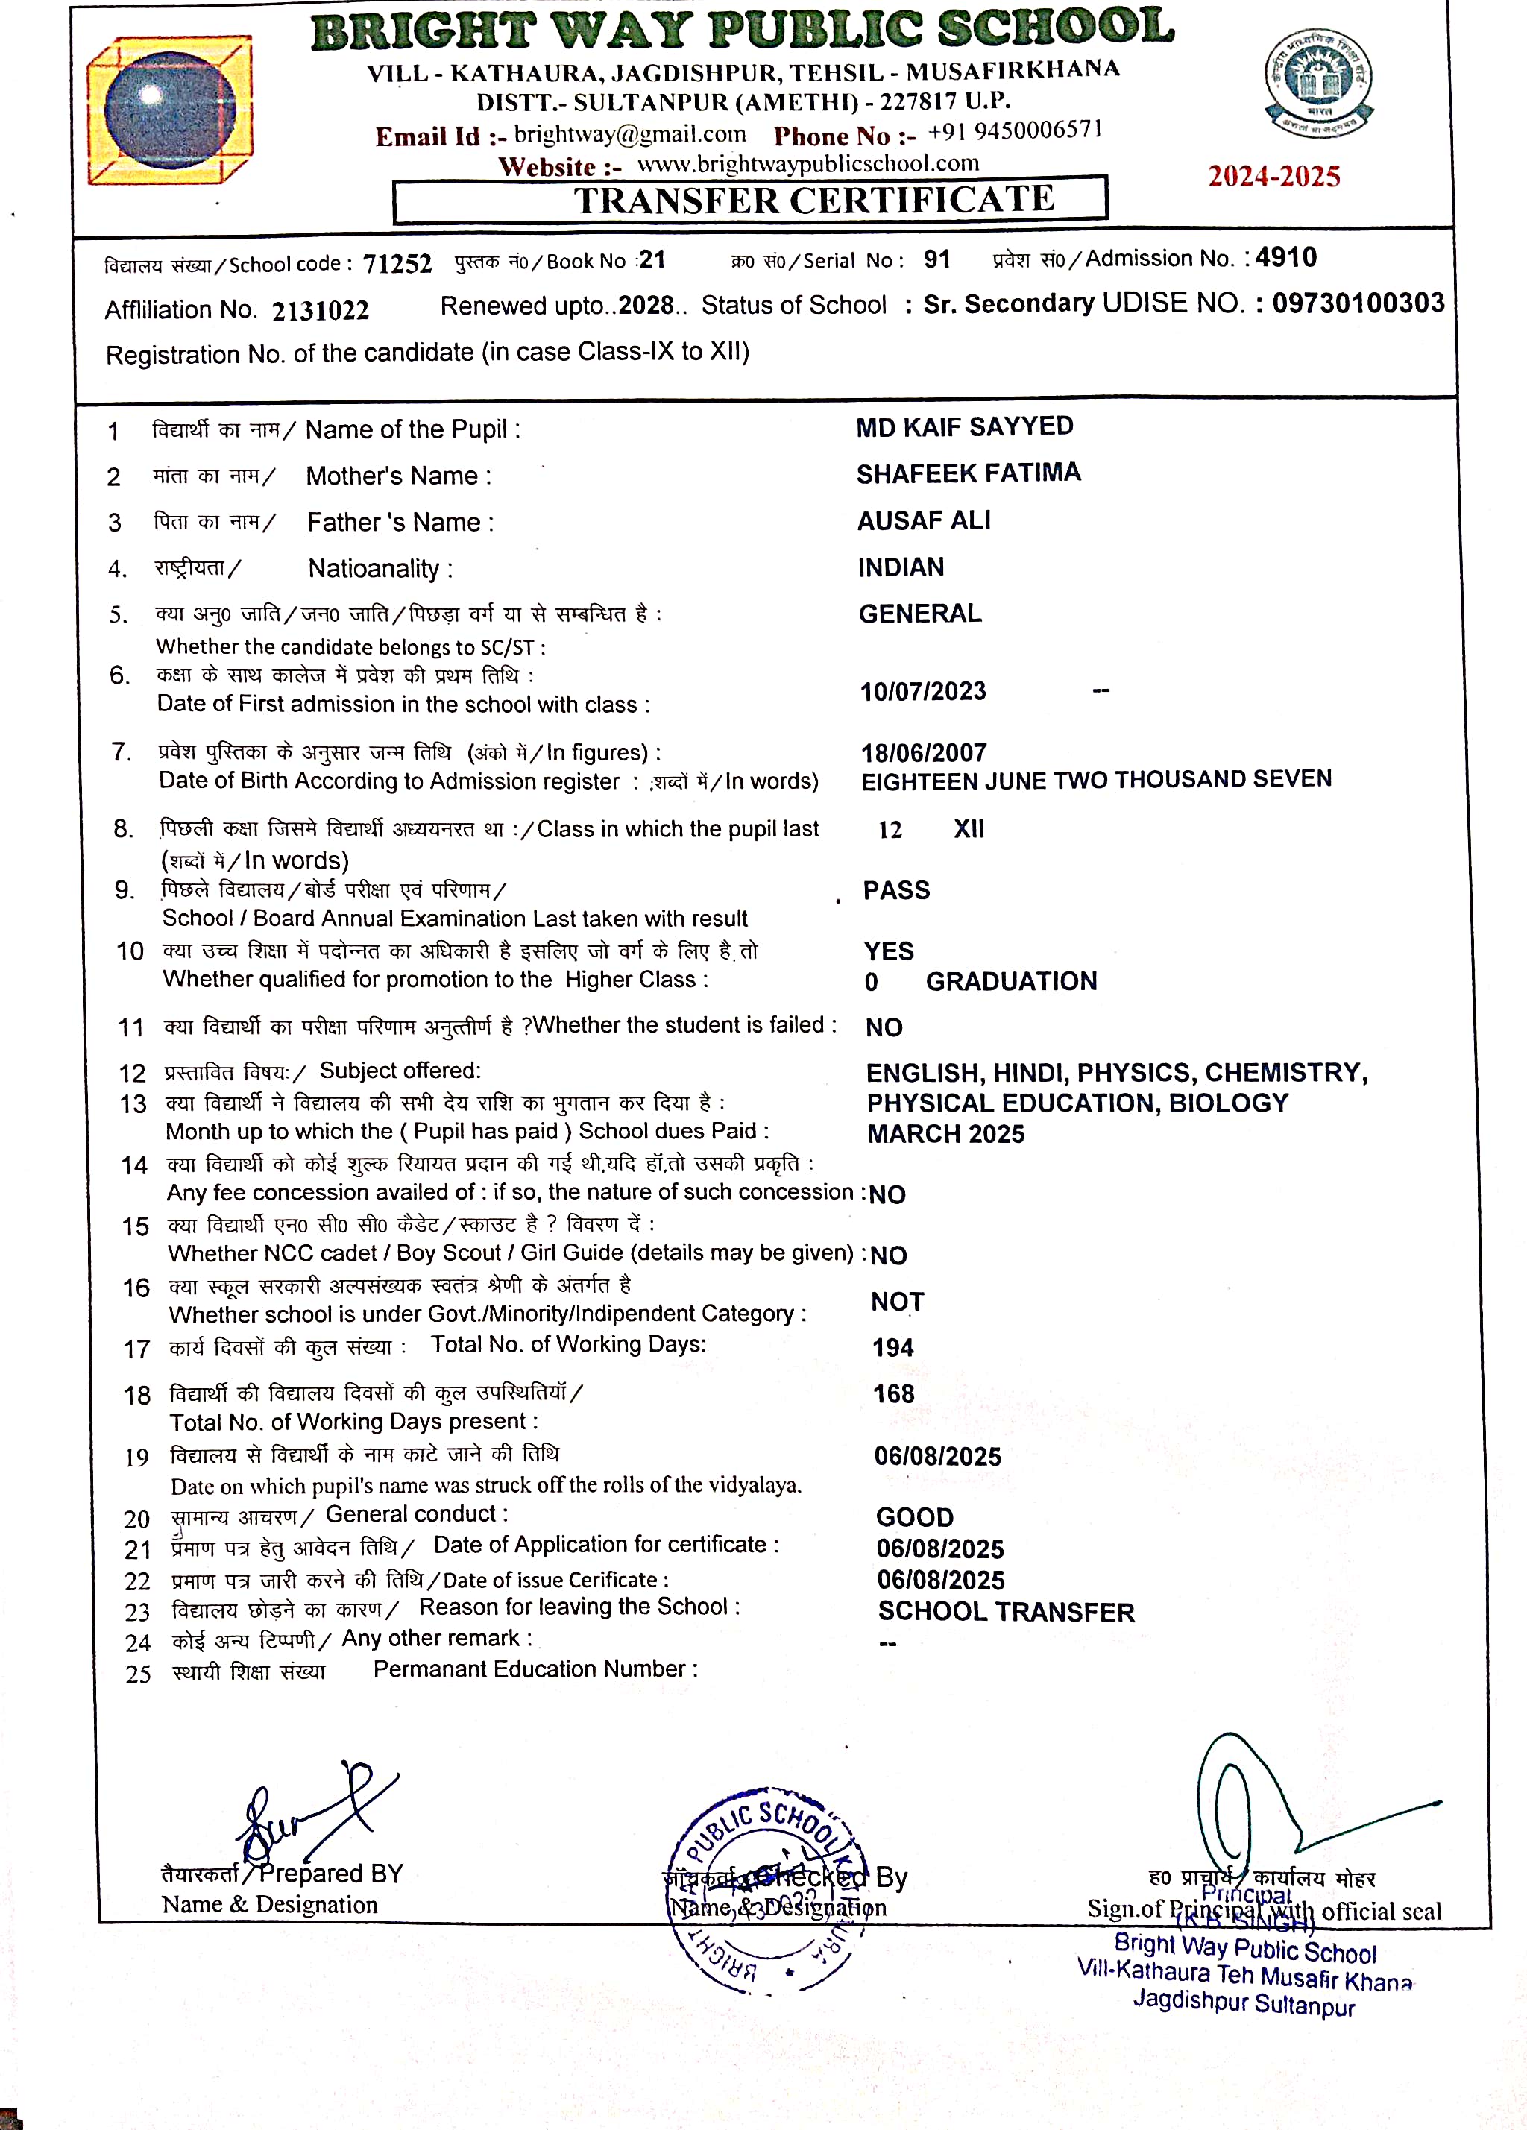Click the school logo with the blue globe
(169, 110)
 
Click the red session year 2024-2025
(1273, 177)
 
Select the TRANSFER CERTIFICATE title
(814, 200)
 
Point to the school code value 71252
(397, 264)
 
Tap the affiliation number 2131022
(321, 311)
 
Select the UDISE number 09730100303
(1358, 303)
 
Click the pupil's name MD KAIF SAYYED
(965, 426)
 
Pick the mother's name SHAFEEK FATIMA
(969, 473)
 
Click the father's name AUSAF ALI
(924, 520)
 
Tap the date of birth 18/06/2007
(924, 752)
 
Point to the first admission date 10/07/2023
(923, 692)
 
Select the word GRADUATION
(1012, 981)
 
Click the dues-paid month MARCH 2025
(945, 1133)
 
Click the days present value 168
(893, 1393)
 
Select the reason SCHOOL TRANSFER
(1006, 1612)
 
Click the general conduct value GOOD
(915, 1516)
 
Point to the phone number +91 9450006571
(1014, 130)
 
